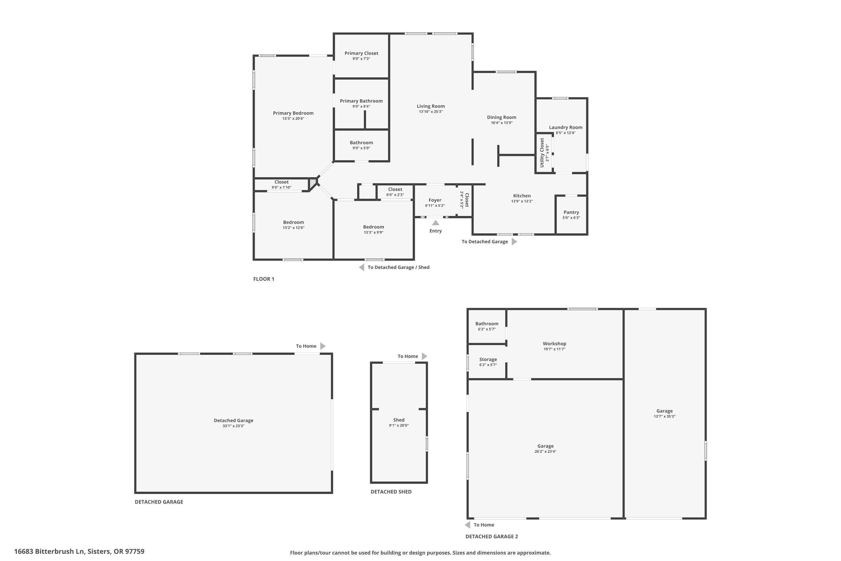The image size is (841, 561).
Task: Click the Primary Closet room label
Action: pyautogui.click(x=361, y=53)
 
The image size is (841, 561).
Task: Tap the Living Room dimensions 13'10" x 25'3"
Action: pyautogui.click(x=431, y=112)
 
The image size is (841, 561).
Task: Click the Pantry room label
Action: pyautogui.click(x=571, y=212)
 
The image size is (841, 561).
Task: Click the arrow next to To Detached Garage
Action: pyautogui.click(x=514, y=242)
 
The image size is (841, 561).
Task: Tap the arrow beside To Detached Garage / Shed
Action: pyautogui.click(x=362, y=267)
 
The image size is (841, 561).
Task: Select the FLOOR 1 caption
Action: pyautogui.click(x=264, y=279)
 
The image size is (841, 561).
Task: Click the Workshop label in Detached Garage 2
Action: pyautogui.click(x=554, y=343)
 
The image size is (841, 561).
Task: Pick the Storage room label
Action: pyautogui.click(x=488, y=359)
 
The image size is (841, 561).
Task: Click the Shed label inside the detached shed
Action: pyautogui.click(x=399, y=420)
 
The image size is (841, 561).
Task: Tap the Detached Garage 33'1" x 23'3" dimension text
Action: pyautogui.click(x=233, y=426)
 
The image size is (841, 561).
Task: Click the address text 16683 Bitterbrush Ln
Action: pyautogui.click(x=79, y=551)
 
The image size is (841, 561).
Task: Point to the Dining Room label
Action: pyautogui.click(x=501, y=117)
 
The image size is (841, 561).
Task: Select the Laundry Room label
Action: pyautogui.click(x=565, y=127)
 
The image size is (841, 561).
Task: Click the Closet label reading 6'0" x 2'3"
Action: pyautogui.click(x=395, y=189)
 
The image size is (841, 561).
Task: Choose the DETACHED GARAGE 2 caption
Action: pyautogui.click(x=491, y=536)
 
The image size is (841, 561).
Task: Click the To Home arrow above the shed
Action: pyautogui.click(x=424, y=356)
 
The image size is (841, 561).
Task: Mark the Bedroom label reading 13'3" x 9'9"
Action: pyautogui.click(x=373, y=227)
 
